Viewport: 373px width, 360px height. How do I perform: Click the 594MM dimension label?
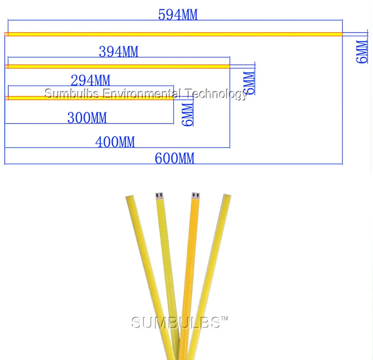click(x=178, y=15)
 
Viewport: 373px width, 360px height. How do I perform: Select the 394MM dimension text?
click(x=119, y=52)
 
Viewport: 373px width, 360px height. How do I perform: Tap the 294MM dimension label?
click(x=90, y=80)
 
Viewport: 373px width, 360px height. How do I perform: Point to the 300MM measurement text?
click(x=87, y=118)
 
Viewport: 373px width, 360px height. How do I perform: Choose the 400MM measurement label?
click(x=115, y=142)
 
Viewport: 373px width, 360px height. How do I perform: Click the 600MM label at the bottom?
click(x=174, y=158)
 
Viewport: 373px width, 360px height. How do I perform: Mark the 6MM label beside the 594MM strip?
click(x=362, y=51)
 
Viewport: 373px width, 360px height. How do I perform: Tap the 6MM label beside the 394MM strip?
click(x=249, y=83)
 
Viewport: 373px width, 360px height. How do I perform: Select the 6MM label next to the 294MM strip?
click(x=188, y=114)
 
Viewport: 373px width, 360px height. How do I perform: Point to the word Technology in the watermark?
click(x=216, y=94)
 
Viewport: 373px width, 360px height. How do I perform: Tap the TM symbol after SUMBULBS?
click(x=224, y=319)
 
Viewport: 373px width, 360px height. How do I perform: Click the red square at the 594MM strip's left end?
click(x=6, y=34)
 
